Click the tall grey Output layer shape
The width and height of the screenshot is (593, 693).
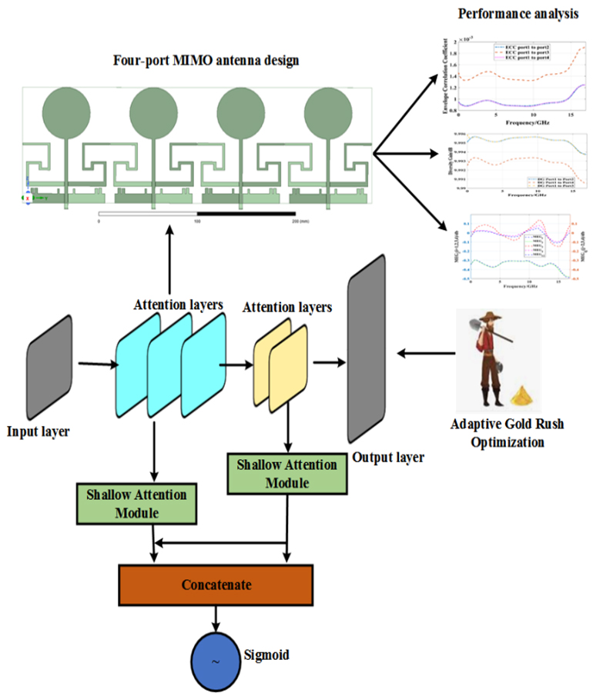pyautogui.click(x=366, y=358)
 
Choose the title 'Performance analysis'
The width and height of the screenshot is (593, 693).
pyautogui.click(x=518, y=15)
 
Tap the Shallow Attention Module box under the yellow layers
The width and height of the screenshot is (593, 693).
pyautogui.click(x=287, y=474)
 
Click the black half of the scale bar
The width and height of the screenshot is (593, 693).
pyautogui.click(x=246, y=212)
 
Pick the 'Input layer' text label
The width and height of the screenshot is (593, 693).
pyautogui.click(x=39, y=431)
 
